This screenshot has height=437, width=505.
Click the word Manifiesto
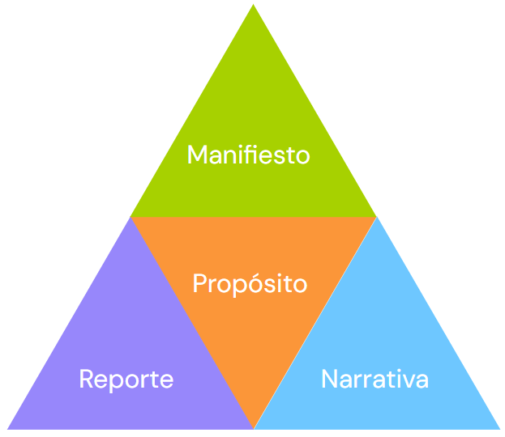[x=248, y=155]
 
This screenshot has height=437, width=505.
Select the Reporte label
[x=126, y=379]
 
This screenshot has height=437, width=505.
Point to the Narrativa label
[x=374, y=379]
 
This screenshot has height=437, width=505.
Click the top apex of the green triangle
[x=253, y=6]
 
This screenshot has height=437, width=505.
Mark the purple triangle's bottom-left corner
[x=8, y=428]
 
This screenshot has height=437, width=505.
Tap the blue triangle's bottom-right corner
[x=499, y=428]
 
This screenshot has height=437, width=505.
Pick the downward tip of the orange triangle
[x=254, y=427]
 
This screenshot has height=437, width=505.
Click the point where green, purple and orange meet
[x=131, y=217]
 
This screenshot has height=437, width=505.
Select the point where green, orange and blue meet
[x=376, y=217]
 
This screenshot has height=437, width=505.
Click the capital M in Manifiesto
[x=197, y=155]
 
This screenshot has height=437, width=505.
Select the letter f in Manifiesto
[x=246, y=154]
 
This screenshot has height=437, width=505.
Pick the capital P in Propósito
[x=200, y=284]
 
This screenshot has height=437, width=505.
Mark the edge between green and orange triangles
[x=253, y=217]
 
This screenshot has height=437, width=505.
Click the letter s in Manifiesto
[x=279, y=156]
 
